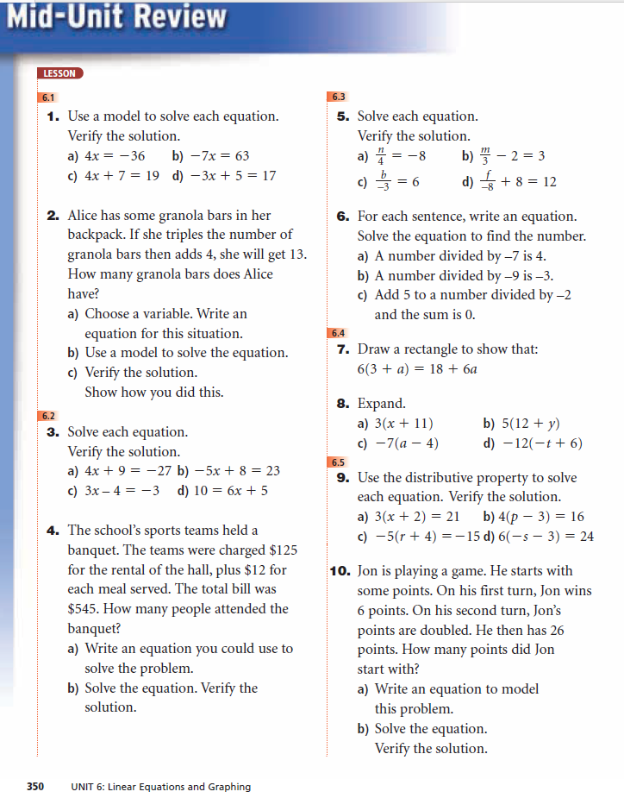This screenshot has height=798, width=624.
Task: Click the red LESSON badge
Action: pos(60,73)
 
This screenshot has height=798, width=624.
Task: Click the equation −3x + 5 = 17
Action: pos(226,175)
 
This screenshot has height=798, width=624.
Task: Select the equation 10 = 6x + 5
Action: pos(230,491)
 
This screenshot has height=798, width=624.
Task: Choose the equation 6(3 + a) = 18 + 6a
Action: pos(417,368)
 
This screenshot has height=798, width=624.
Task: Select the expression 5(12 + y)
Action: pos(531,424)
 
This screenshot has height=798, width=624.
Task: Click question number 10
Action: pos(339,571)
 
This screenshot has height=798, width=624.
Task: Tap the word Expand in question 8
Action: pos(381,404)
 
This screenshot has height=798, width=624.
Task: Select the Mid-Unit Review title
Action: pos(116,17)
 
